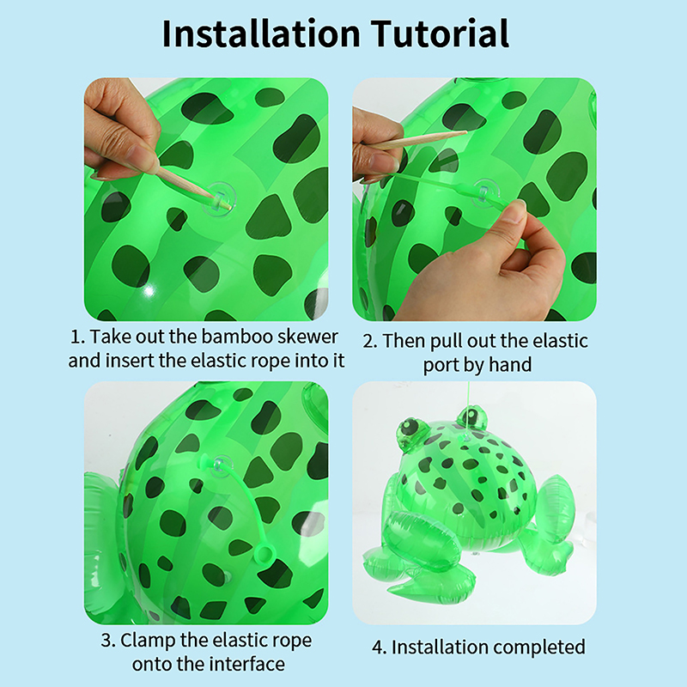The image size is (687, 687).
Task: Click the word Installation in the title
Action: click(x=261, y=33)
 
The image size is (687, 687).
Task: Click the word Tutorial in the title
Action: click(x=440, y=33)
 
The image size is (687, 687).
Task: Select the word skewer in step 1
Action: click(x=308, y=337)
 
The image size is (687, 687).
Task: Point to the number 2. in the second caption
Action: click(x=370, y=341)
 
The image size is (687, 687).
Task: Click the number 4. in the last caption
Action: click(x=380, y=647)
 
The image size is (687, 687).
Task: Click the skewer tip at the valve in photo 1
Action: click(x=228, y=205)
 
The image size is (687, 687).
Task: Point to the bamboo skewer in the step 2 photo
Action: click(x=421, y=139)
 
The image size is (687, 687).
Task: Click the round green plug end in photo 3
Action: click(x=264, y=554)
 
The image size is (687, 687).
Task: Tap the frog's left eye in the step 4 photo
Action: click(x=411, y=426)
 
